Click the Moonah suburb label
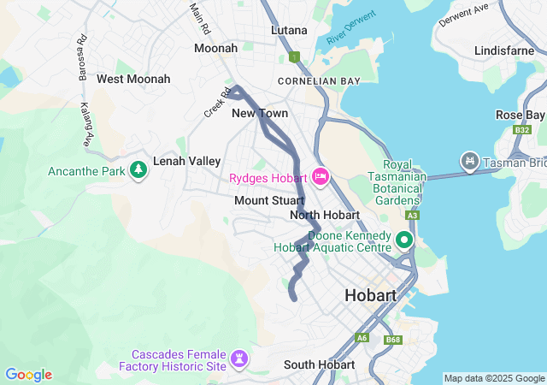215,48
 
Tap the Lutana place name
289,30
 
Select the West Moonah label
133,79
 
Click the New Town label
260,113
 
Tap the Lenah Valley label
186,161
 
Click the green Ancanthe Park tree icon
138,170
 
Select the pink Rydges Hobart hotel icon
321,177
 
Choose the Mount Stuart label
269,200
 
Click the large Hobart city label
370,295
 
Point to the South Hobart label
319,364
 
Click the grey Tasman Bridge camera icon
469,160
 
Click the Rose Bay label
520,115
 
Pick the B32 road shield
521,130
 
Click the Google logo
28,375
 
